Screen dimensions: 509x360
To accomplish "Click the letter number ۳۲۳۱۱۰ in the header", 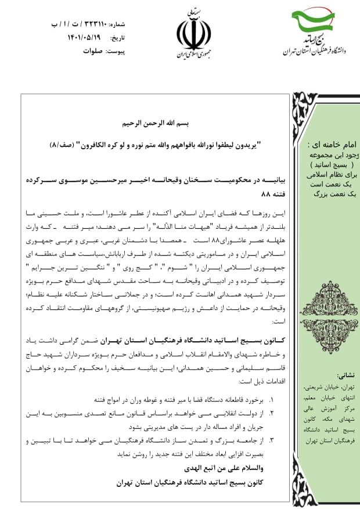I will click(x=87, y=25).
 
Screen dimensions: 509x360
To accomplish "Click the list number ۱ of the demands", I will click(x=271, y=400).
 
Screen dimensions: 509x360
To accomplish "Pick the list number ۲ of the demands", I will click(x=271, y=413).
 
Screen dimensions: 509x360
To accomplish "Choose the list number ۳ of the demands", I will click(x=271, y=441).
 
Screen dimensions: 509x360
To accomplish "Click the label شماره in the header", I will click(x=117, y=25).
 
